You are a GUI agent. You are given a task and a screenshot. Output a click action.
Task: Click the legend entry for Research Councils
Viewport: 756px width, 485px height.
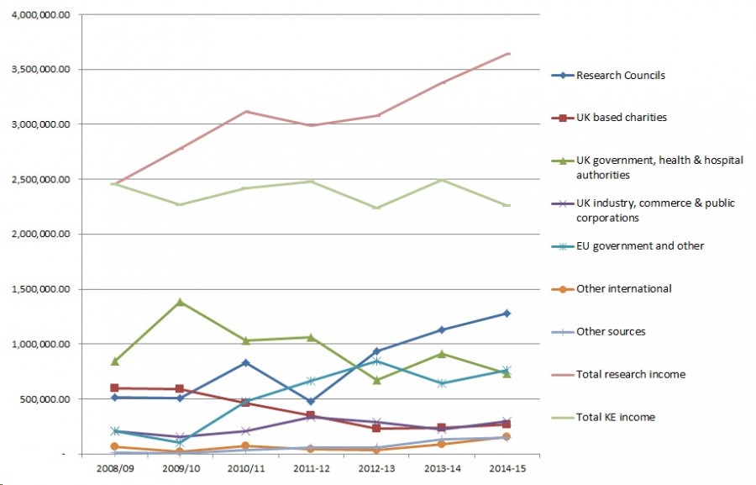pyautogui.click(x=620, y=76)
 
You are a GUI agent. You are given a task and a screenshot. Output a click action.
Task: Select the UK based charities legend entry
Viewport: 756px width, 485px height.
pyautogui.click(x=621, y=118)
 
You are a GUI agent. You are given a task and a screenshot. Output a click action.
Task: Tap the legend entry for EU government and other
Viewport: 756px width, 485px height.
pyautogui.click(x=639, y=246)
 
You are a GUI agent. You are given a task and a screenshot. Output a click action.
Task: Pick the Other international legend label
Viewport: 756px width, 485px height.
pyautogui.click(x=623, y=289)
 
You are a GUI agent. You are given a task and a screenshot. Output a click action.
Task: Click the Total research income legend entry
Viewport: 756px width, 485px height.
pyautogui.click(x=630, y=374)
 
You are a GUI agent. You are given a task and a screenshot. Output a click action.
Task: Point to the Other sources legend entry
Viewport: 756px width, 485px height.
pyautogui.click(x=611, y=332)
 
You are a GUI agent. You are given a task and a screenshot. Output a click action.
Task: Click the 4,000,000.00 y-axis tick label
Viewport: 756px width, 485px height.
pyautogui.click(x=40, y=15)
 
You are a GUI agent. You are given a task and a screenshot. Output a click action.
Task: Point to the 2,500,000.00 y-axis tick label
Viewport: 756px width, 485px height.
pyautogui.click(x=40, y=180)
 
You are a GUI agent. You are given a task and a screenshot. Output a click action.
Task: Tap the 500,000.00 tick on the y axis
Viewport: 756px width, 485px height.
pyautogui.click(x=45, y=399)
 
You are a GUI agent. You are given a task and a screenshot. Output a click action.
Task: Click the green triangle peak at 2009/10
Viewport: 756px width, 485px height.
pyautogui.click(x=180, y=302)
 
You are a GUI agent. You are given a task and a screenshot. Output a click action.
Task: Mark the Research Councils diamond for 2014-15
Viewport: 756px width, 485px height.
pyautogui.click(x=507, y=314)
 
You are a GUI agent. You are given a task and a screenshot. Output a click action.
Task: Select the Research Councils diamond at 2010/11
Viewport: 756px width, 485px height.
pyautogui.click(x=245, y=363)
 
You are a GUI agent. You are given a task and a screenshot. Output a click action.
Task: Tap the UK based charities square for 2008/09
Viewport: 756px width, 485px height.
pyautogui.click(x=114, y=388)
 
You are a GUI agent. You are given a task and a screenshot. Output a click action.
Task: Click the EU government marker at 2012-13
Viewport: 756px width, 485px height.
pyautogui.click(x=376, y=361)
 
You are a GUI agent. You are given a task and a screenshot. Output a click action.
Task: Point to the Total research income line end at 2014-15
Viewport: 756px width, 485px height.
pyautogui.click(x=508, y=54)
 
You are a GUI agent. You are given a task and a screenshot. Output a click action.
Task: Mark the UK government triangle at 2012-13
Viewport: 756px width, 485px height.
pyautogui.click(x=376, y=381)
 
